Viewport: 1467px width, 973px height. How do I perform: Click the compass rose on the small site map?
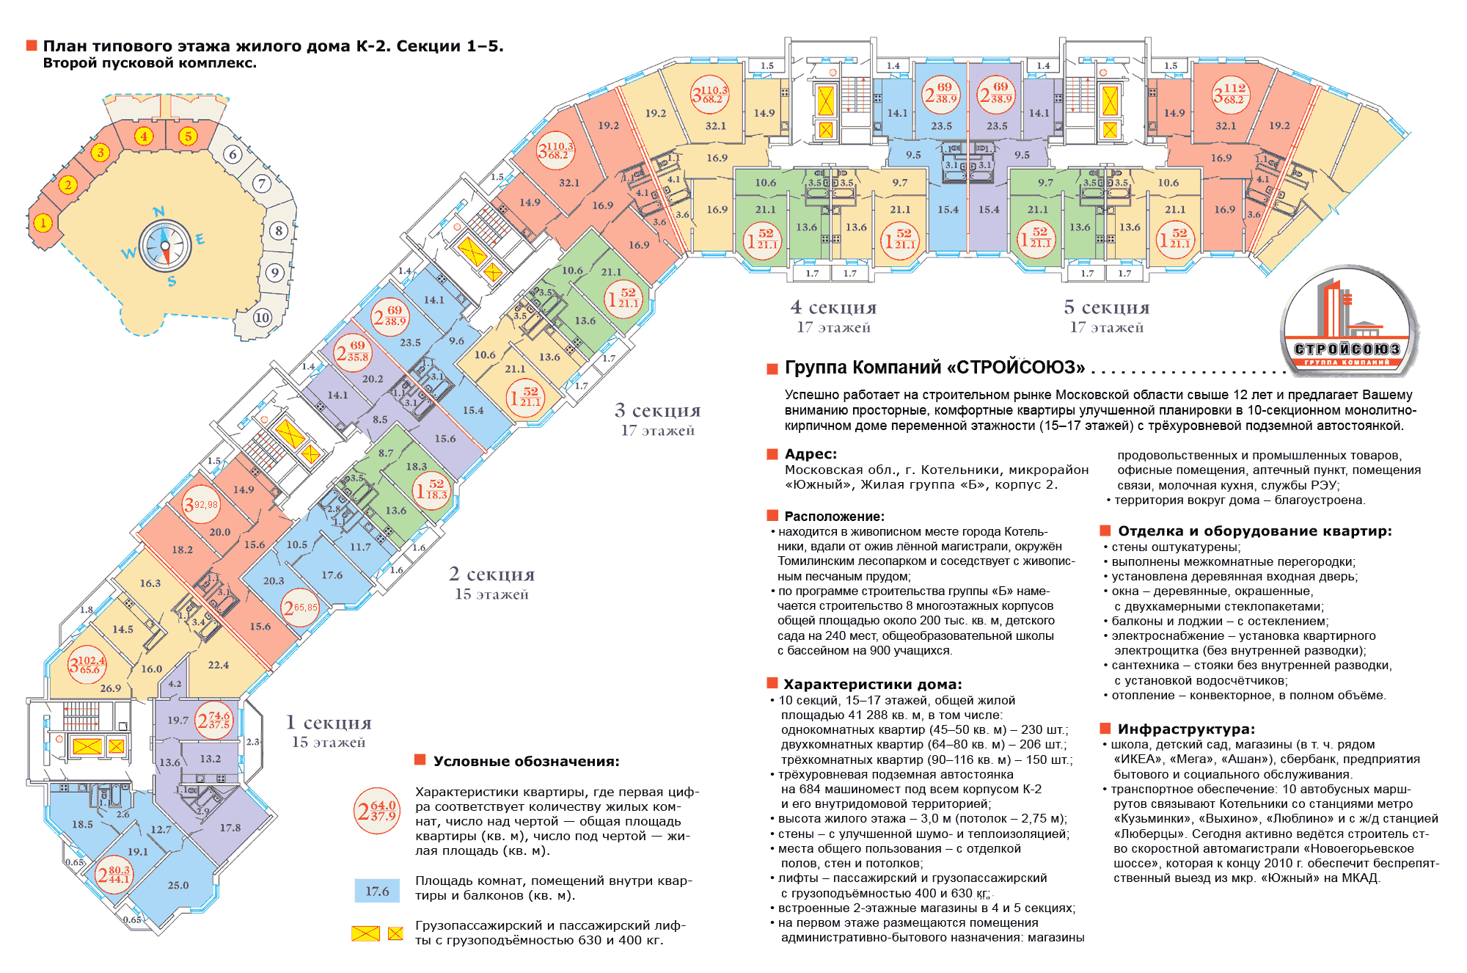click(165, 246)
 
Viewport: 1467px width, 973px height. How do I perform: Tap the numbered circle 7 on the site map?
click(261, 183)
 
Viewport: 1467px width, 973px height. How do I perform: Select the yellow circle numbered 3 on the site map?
click(100, 152)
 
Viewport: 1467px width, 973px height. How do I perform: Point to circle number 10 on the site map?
click(262, 317)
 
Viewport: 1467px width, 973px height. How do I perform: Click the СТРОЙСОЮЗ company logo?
click(1348, 323)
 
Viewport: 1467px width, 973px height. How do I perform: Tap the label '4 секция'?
click(833, 307)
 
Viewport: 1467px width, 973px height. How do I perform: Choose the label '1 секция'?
click(329, 724)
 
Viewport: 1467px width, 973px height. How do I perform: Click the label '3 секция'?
click(657, 411)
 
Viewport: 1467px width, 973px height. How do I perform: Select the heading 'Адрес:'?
click(811, 454)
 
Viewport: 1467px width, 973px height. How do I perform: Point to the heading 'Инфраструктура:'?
click(1185, 729)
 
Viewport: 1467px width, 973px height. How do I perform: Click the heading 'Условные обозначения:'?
click(526, 761)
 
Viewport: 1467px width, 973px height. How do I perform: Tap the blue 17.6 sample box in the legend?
click(377, 891)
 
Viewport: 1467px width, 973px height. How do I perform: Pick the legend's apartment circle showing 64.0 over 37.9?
click(376, 811)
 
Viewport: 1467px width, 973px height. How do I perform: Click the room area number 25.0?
click(178, 885)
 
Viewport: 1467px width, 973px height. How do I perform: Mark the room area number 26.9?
click(110, 688)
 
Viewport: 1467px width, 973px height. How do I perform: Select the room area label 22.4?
click(218, 665)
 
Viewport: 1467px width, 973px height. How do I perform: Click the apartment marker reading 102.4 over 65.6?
click(87, 665)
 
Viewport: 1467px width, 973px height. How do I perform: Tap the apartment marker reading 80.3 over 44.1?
click(114, 874)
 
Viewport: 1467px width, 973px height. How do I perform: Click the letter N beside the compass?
click(158, 212)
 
